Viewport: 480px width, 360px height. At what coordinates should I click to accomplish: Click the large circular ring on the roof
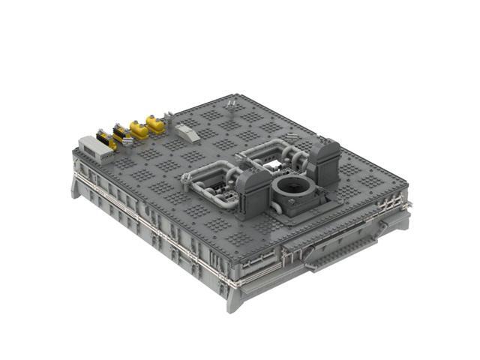click(x=292, y=188)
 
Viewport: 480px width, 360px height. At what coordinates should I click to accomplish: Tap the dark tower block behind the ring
click(x=324, y=160)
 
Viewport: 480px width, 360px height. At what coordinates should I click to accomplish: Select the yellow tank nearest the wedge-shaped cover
click(x=155, y=123)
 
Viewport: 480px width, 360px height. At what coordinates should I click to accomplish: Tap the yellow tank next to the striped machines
click(x=138, y=129)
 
